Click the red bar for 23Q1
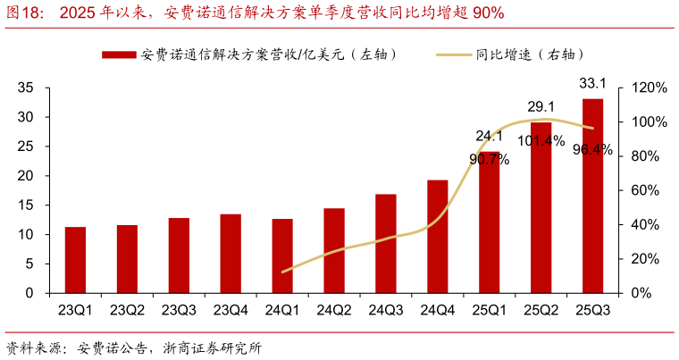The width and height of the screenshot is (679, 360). [75, 260]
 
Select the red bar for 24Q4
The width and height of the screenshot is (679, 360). [437, 236]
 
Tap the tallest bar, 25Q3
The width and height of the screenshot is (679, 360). [592, 196]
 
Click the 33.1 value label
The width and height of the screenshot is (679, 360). [593, 84]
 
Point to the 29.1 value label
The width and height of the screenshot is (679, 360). [541, 106]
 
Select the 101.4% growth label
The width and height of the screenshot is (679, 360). [541, 140]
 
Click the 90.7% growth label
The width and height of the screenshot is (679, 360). [489, 159]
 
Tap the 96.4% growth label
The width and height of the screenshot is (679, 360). [593, 150]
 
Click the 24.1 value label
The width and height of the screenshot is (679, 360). [489, 136]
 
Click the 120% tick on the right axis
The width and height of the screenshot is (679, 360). [649, 88]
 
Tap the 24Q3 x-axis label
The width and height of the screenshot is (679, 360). [386, 310]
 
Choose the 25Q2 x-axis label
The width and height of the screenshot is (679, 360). [541, 310]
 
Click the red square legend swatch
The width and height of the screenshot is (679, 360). [120, 54]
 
